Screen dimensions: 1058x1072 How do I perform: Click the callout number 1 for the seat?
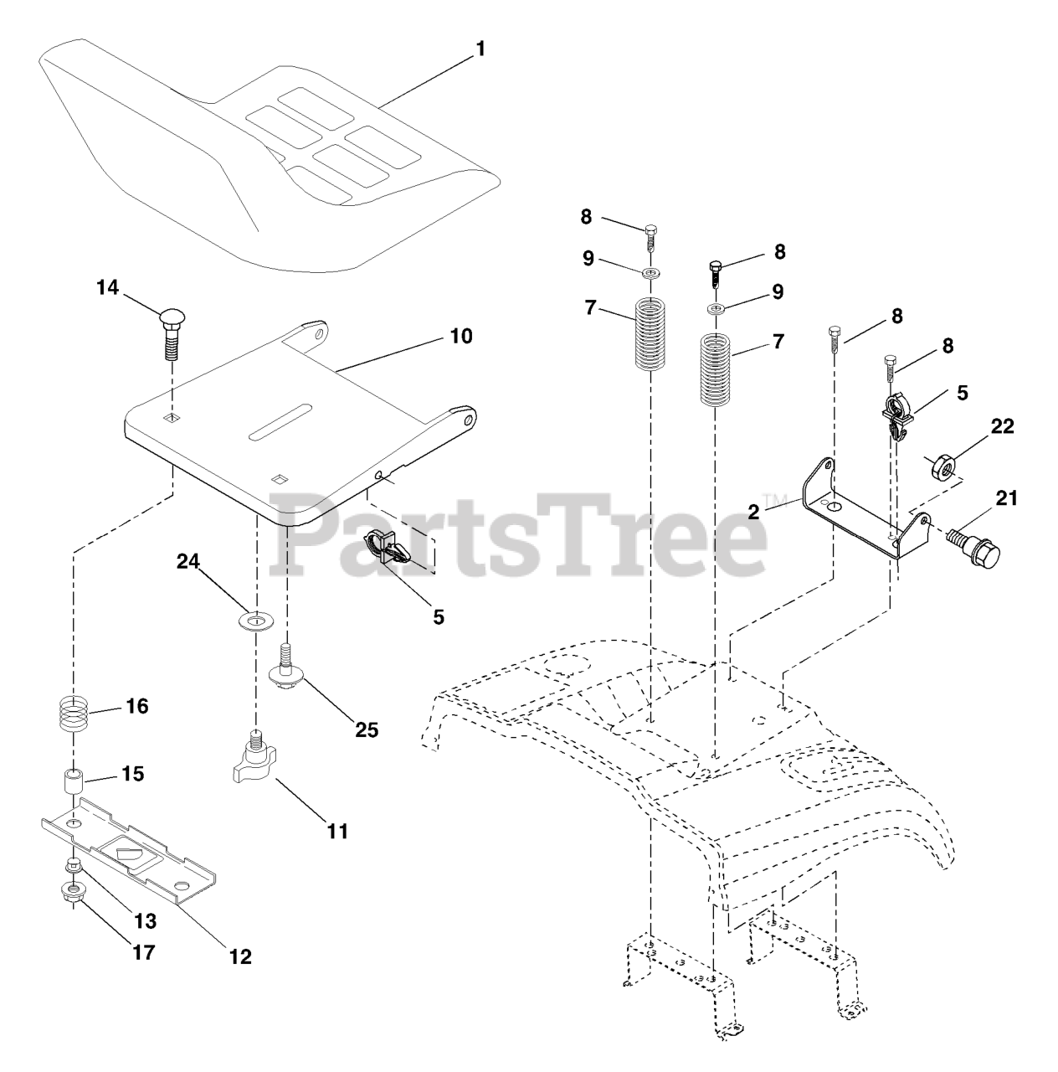(x=480, y=49)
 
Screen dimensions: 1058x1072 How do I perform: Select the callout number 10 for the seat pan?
(x=460, y=337)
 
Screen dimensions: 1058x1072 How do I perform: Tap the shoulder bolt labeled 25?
(x=286, y=669)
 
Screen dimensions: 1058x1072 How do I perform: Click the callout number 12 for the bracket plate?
(x=240, y=956)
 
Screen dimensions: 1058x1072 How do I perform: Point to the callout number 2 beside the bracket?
(x=754, y=512)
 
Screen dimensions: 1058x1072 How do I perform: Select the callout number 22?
(x=1002, y=427)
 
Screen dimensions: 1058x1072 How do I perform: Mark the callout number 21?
(x=1006, y=499)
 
